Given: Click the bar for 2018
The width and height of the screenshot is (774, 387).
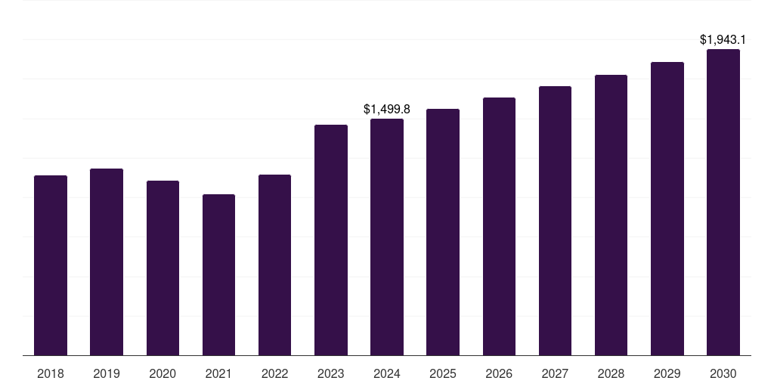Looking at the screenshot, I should pos(51,265).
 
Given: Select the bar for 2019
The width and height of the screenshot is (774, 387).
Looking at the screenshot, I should pos(107,262).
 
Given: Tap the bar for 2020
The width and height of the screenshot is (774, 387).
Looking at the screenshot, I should pos(163,268).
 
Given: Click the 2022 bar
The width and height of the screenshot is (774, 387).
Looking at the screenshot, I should pos(274,265).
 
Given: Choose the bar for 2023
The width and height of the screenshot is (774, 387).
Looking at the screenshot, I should pos(331,240).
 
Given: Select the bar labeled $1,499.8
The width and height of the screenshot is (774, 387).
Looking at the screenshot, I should pos(387,237).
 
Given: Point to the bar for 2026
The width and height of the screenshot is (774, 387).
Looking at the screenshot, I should pos(499,226).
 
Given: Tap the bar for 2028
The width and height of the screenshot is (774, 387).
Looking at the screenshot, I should pos(611,215).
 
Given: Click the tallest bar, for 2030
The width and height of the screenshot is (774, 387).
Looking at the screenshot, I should pos(723,202).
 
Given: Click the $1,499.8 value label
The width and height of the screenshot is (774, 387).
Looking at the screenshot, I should pos(387,110).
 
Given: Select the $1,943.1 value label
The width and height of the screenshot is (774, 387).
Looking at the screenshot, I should pos(723,39).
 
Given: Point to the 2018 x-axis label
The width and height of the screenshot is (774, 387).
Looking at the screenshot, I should pos(51,373).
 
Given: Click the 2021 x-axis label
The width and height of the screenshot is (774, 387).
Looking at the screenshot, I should pos(218,373).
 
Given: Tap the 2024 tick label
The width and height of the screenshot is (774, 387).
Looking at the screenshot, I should pos(387,373).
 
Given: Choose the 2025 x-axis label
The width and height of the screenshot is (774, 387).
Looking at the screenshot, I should pos(443,373).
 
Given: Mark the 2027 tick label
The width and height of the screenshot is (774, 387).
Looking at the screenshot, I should pos(555,373).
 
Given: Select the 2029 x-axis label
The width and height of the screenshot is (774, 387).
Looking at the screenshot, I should pos(667,373).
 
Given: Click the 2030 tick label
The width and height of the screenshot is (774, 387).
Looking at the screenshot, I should pos(723,373).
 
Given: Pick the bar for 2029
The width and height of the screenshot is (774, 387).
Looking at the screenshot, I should pos(667,209).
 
